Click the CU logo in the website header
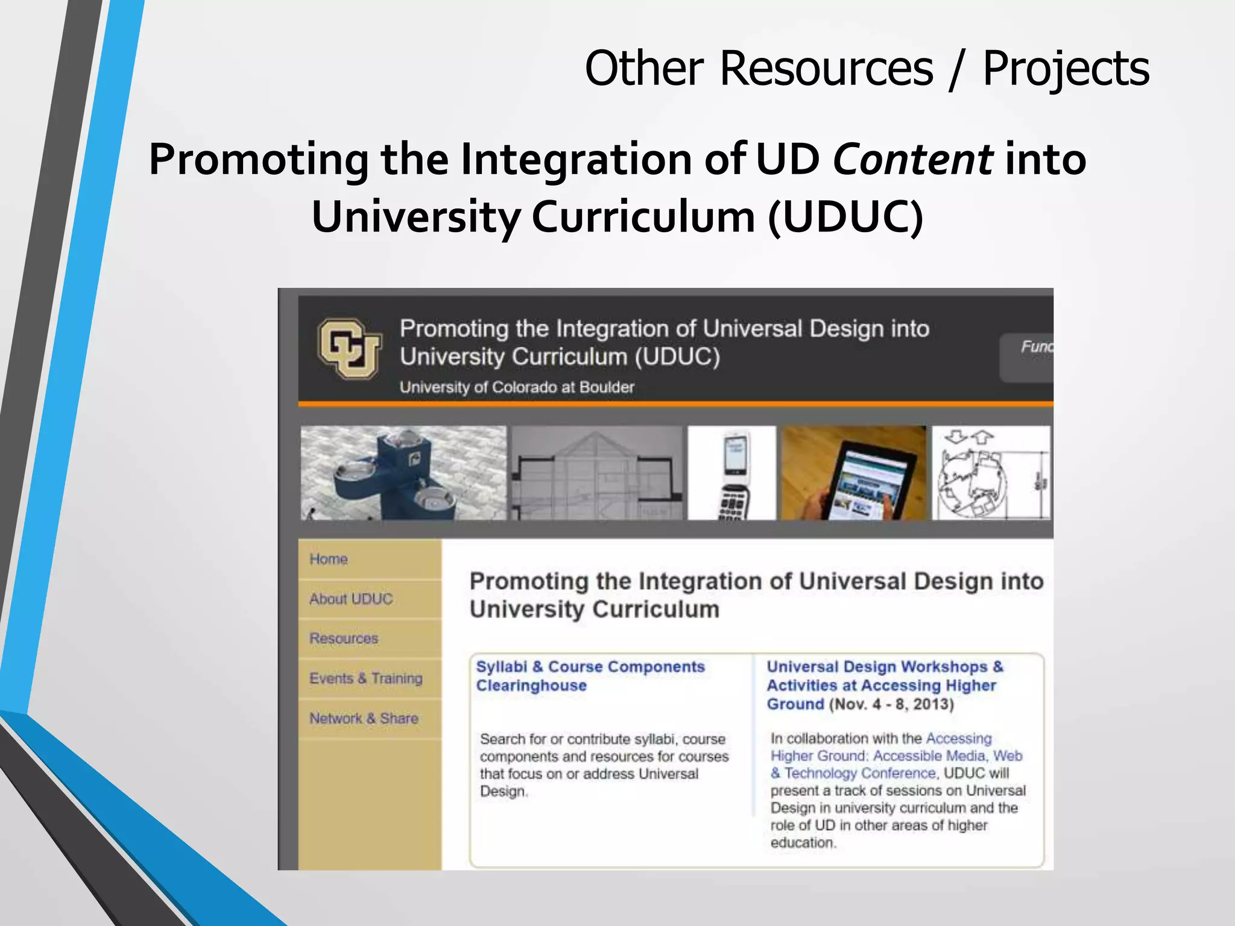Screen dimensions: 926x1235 [350, 348]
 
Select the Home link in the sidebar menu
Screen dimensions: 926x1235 [329, 559]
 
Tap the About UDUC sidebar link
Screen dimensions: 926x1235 [351, 599]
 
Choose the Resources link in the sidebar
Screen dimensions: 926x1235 [344, 638]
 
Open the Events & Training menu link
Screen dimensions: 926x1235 [366, 679]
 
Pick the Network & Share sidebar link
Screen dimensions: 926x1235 [364, 719]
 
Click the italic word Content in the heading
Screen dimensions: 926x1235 [912, 160]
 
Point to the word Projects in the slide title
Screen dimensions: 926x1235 [1066, 68]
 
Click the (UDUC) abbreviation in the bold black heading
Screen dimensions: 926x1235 [845, 217]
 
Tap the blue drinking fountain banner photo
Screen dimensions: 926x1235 [403, 473]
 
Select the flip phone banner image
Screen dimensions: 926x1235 [731, 473]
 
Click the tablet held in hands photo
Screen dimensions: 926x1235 [853, 473]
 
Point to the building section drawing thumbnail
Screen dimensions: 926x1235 [597, 473]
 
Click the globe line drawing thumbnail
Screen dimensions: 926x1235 [990, 473]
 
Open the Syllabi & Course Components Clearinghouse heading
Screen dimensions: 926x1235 [590, 676]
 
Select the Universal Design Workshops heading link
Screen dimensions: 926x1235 [884, 676]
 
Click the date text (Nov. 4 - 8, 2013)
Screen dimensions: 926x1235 [891, 705]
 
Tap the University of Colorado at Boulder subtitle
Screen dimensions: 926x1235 [517, 387]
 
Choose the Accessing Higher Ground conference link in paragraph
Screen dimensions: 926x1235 [896, 756]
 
